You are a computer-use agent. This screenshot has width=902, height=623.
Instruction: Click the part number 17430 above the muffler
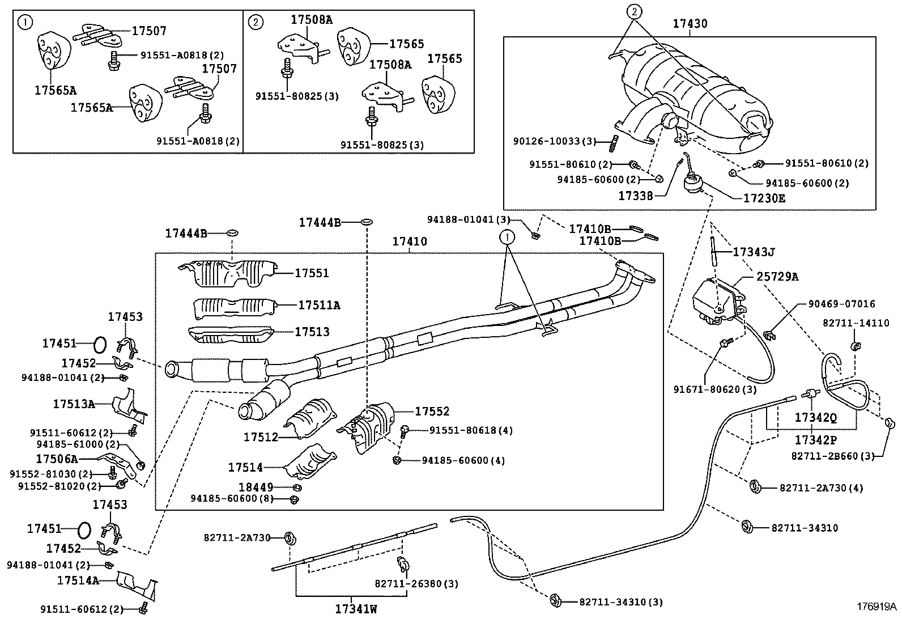690,24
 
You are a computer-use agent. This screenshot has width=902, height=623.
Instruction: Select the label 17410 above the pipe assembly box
410,242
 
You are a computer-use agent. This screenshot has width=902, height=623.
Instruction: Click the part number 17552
432,412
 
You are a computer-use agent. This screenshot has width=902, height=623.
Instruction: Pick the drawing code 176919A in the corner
875,607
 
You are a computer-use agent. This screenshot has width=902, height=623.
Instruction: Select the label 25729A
777,277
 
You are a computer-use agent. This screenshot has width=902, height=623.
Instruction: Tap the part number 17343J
754,251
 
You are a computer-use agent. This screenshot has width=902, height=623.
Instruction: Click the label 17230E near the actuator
764,199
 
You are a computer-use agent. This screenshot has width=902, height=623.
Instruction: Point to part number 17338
635,196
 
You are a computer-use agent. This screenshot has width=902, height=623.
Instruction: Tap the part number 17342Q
815,418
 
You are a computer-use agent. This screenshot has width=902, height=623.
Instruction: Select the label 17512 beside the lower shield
261,437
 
